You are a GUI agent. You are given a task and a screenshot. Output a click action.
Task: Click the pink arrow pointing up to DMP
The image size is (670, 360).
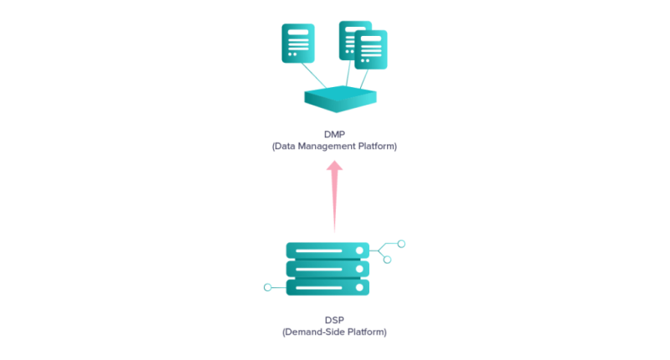[334, 197]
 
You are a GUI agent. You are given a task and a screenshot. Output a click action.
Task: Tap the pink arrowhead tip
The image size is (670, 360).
[334, 161]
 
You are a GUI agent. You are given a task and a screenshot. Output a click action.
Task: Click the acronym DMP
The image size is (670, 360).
[334, 135]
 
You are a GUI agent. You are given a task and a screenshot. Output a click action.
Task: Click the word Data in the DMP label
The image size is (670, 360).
[285, 146]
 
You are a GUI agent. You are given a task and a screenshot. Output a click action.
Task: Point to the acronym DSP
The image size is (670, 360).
[334, 321]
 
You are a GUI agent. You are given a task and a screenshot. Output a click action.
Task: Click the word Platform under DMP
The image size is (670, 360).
[376, 146]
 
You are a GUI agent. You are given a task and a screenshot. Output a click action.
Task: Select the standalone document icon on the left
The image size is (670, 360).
[298, 44]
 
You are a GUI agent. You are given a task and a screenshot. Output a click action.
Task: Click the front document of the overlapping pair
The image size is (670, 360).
[371, 49]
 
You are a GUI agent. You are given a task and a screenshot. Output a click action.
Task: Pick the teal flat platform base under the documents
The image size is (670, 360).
[341, 99]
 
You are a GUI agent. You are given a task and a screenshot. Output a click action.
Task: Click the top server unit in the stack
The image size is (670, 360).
[327, 250]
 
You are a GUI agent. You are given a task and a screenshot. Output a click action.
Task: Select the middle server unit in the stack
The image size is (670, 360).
[327, 269]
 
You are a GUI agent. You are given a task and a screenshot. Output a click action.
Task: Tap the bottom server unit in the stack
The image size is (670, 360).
[327, 287]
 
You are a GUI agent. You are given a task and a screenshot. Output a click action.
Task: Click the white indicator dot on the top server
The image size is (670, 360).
[359, 250]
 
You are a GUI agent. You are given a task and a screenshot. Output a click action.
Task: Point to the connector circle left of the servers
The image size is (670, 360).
[267, 287]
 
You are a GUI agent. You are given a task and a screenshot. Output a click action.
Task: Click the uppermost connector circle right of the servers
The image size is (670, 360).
[401, 244]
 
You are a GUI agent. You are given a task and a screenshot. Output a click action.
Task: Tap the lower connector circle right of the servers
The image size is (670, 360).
[387, 260]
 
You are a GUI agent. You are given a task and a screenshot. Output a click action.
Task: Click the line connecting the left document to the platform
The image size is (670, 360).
[314, 75]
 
